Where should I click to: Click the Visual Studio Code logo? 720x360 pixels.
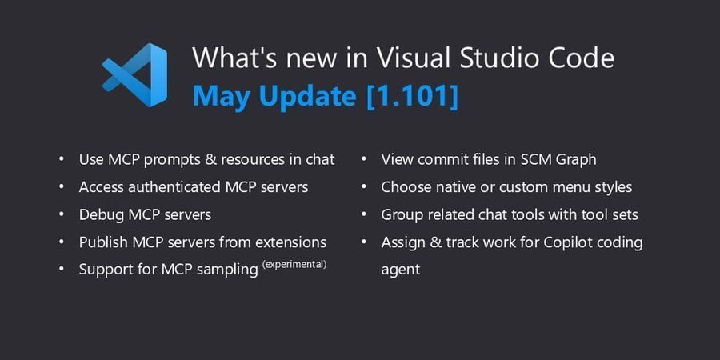pyautogui.click(x=135, y=75)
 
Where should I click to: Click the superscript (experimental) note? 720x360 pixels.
pyautogui.click(x=294, y=264)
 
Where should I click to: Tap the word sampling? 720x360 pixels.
pyautogui.click(x=227, y=270)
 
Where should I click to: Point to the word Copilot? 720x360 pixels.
pyautogui.click(x=570, y=242)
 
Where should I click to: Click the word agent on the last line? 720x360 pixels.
pyautogui.click(x=401, y=270)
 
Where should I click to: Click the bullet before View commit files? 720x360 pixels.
pyautogui.click(x=364, y=159)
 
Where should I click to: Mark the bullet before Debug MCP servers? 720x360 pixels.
pyautogui.click(x=62, y=214)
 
